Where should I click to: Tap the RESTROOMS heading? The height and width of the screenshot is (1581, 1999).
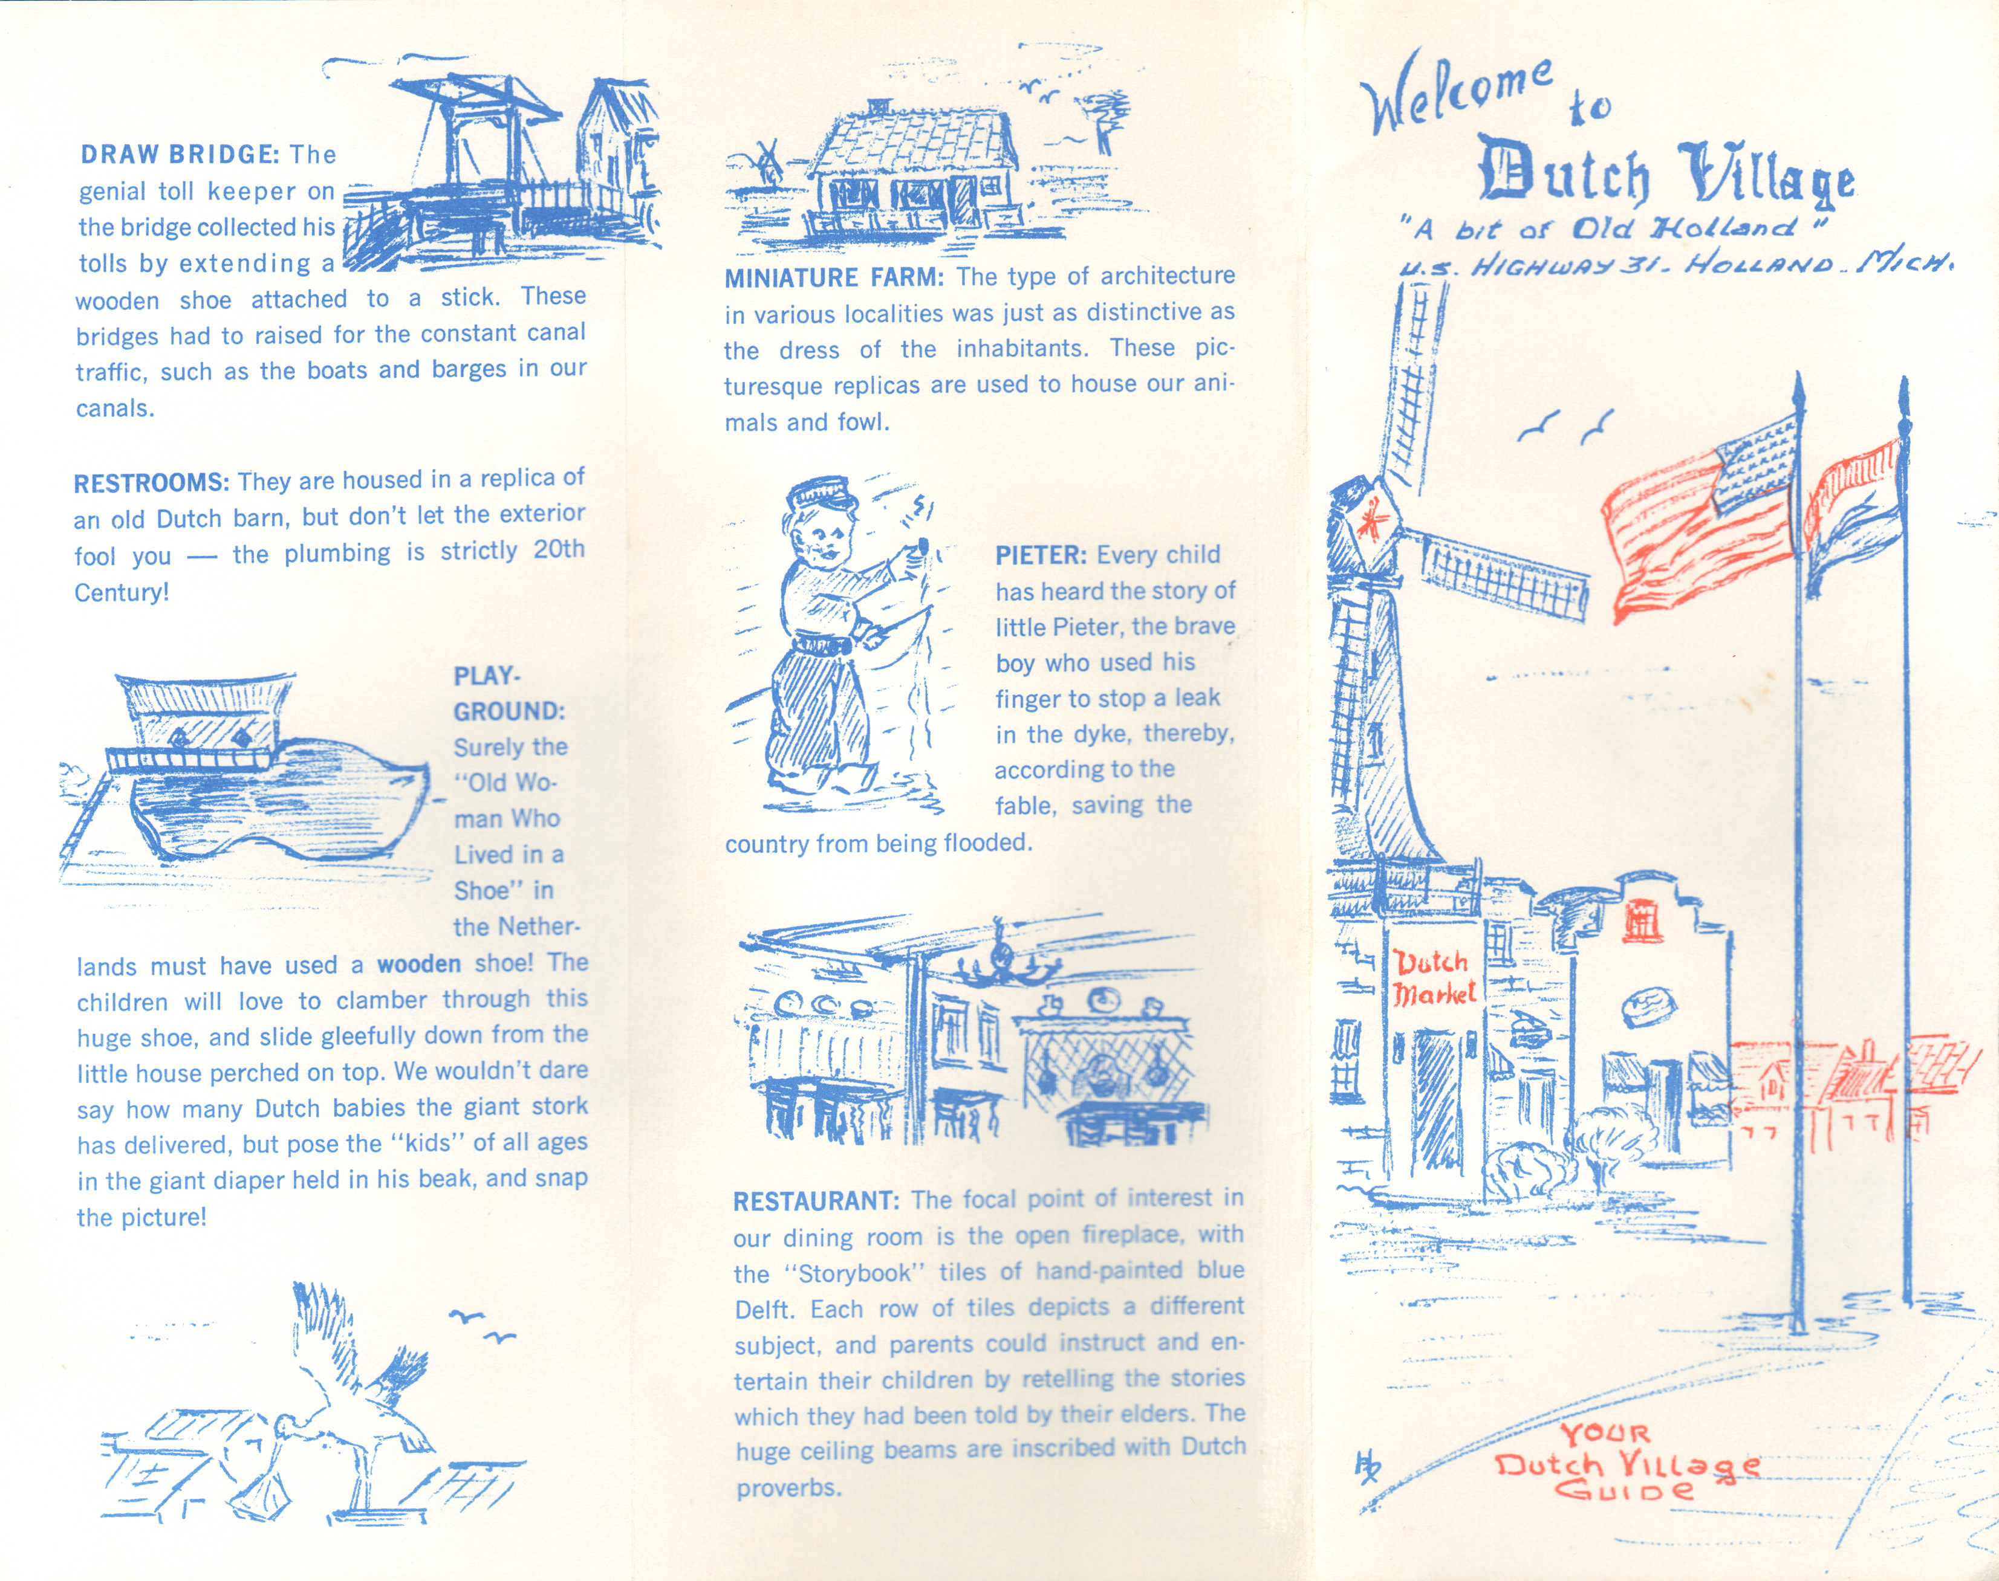151,483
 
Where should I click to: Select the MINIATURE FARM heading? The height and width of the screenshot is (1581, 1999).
833,277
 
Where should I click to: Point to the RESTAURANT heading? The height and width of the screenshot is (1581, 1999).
816,1201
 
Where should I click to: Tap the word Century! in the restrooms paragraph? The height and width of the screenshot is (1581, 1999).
122,592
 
